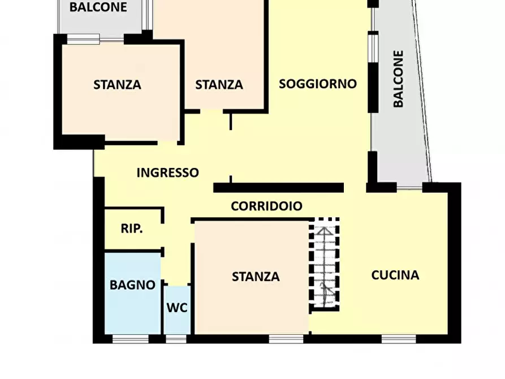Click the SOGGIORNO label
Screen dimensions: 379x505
318,84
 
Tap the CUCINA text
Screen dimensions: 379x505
395,275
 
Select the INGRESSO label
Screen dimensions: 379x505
167,173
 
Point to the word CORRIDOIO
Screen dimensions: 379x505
266,206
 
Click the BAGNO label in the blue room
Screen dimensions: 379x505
132,285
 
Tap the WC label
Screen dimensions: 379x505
176,308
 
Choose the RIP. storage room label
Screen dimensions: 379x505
132,229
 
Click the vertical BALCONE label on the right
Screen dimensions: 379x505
398,79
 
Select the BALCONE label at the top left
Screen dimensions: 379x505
98,7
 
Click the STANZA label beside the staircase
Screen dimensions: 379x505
256,276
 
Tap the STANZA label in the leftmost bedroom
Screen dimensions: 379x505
117,85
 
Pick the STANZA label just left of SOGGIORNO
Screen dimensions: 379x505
219,85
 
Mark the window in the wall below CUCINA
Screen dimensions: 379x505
399,339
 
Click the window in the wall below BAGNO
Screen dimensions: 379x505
130,339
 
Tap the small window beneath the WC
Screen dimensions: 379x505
176,339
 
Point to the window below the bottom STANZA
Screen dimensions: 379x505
286,339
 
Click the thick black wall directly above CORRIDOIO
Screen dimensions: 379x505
278,188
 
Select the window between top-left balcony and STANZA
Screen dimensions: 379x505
83,39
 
